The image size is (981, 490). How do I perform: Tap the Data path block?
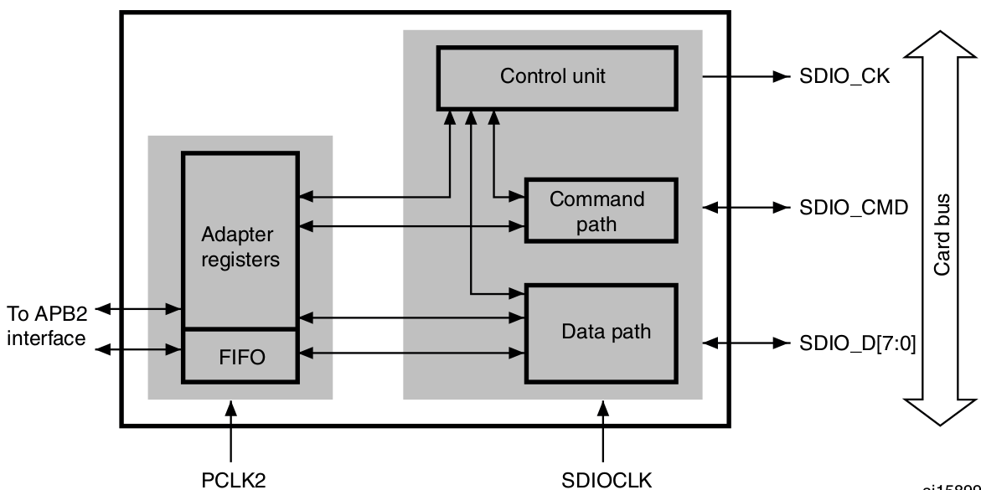tap(600, 332)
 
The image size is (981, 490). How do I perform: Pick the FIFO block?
tap(240, 358)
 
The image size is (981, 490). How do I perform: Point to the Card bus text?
tap(943, 234)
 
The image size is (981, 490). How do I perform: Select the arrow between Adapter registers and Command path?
tap(411, 226)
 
